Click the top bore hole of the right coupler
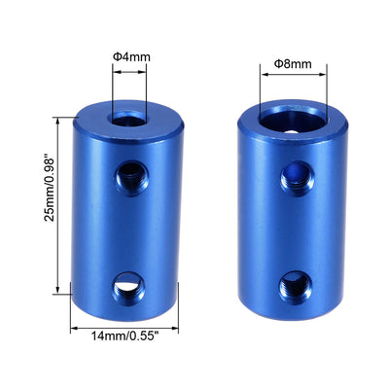pyautogui.click(x=293, y=123)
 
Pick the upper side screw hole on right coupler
pyautogui.click(x=291, y=177)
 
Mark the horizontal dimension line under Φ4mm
pyautogui.click(x=127, y=69)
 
